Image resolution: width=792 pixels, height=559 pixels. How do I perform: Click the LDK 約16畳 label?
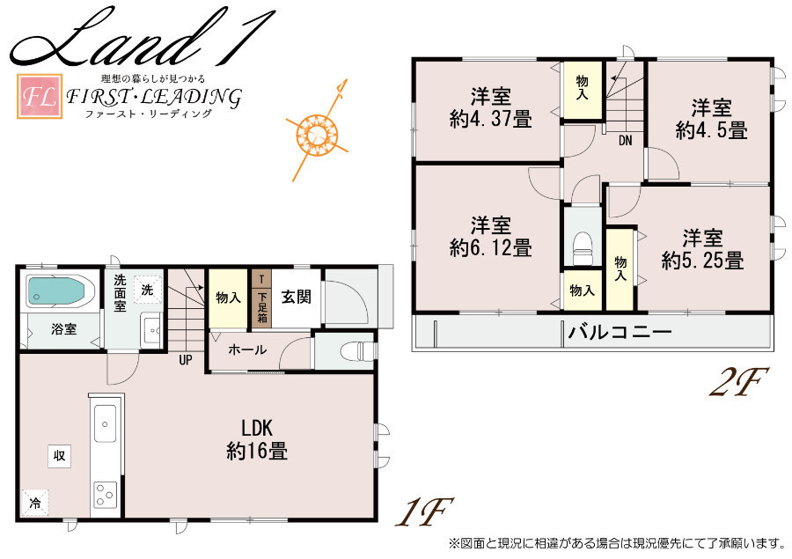coord(257,440)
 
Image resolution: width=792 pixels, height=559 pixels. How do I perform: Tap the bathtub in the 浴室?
coord(55,291)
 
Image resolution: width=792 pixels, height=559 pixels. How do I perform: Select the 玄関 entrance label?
coord(296,297)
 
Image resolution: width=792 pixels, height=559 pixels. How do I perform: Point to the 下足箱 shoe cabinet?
coord(261,298)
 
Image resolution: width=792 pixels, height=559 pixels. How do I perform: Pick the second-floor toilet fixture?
coord(582,247)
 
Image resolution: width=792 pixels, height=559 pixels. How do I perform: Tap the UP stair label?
coord(186,360)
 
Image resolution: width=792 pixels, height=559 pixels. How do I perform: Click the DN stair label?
coord(626,141)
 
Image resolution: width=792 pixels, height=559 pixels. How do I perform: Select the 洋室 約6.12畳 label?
coord(490,237)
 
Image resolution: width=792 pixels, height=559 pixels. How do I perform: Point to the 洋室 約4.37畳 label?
coord(490,107)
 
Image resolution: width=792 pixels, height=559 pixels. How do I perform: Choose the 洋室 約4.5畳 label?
coord(711,119)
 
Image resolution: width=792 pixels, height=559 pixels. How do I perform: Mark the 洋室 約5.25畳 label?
coord(702,249)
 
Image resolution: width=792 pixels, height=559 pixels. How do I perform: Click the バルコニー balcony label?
coord(620,332)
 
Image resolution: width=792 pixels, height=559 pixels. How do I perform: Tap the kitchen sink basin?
coord(105,423)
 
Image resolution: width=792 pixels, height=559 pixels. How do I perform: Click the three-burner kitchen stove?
coord(106,495)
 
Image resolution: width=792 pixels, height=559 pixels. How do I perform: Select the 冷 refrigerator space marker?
coord(35,503)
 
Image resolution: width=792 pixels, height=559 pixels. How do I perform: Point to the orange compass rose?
coord(317,132)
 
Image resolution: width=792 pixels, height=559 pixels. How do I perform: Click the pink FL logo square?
coord(40,96)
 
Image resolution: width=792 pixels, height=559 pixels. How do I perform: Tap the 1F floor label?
coord(423,511)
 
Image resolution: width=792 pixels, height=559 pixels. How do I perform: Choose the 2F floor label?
coord(738,381)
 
